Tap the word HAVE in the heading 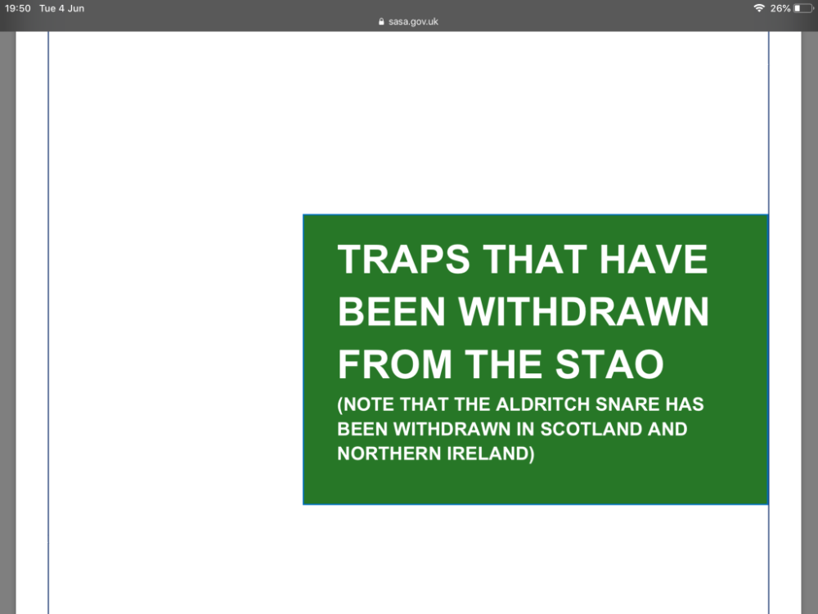653,259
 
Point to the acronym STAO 609,364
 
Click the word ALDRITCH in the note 543,404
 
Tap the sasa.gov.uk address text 413,22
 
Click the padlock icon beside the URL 381,22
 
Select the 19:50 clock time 18,8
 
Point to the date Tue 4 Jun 61,8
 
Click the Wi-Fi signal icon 759,8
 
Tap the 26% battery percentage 780,8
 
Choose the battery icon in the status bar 803,8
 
